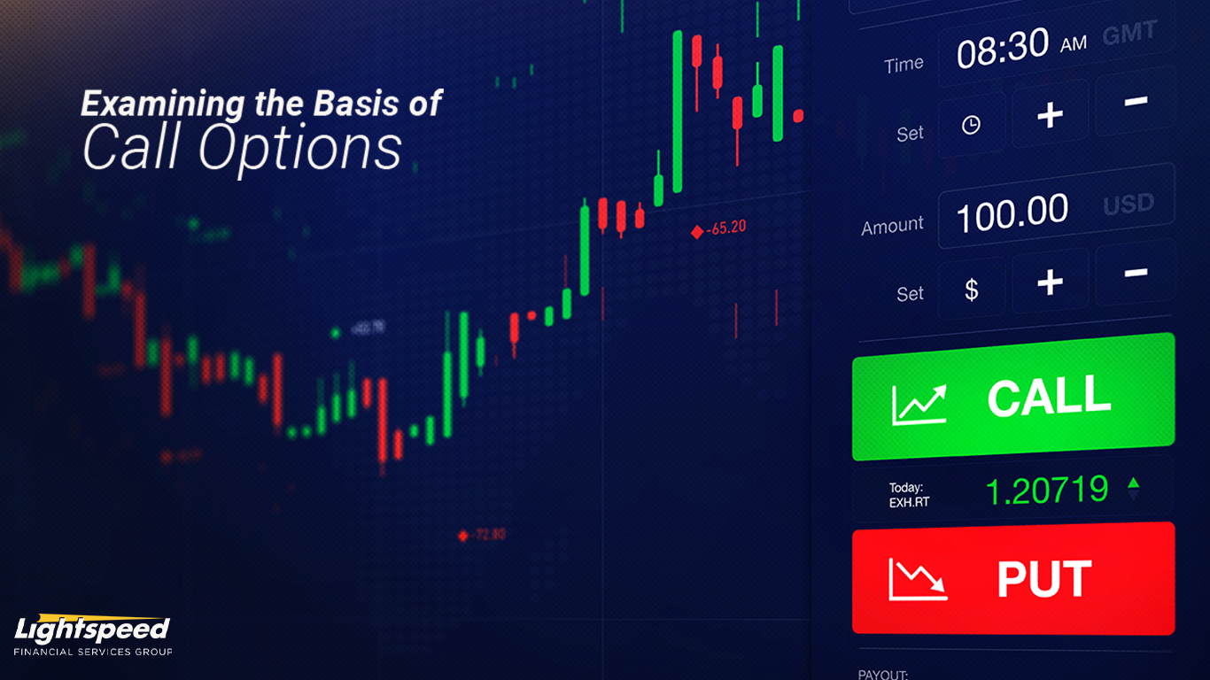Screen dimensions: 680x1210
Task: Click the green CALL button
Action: pos(1013,397)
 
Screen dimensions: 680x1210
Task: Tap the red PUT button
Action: pos(1013,578)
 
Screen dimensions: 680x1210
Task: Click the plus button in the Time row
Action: pos(1050,114)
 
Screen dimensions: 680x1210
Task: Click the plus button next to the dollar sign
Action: pos(1050,283)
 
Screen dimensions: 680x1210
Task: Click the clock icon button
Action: pos(972,125)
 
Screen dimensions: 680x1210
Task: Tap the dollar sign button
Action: pos(972,290)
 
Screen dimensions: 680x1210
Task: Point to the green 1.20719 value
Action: pos(1047,490)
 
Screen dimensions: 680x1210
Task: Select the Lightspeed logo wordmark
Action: pos(92,630)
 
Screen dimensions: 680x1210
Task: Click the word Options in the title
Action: pos(300,148)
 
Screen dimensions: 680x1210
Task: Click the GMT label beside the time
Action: pos(1129,35)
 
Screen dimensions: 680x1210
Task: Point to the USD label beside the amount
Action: pos(1129,205)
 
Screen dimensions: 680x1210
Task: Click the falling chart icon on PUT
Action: pos(918,580)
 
